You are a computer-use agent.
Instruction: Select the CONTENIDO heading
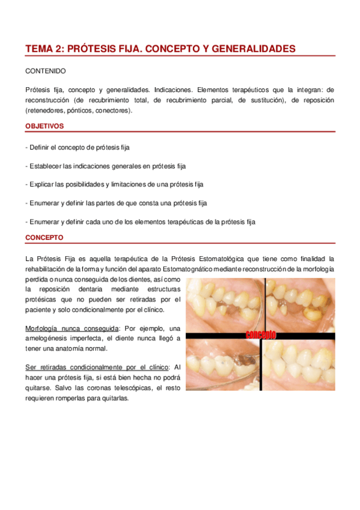point(46,71)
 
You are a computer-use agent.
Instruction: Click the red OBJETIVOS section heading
point(45,126)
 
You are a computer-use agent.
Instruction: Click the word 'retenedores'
point(46,111)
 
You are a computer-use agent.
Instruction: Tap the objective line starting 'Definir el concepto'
point(78,147)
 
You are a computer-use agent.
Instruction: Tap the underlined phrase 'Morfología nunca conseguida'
point(72,328)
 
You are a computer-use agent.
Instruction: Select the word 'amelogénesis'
point(46,339)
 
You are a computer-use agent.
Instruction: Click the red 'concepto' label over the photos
point(260,334)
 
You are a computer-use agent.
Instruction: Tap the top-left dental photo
point(223,304)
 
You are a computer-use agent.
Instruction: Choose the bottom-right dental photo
point(299,365)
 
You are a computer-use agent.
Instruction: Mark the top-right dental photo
point(299,304)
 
